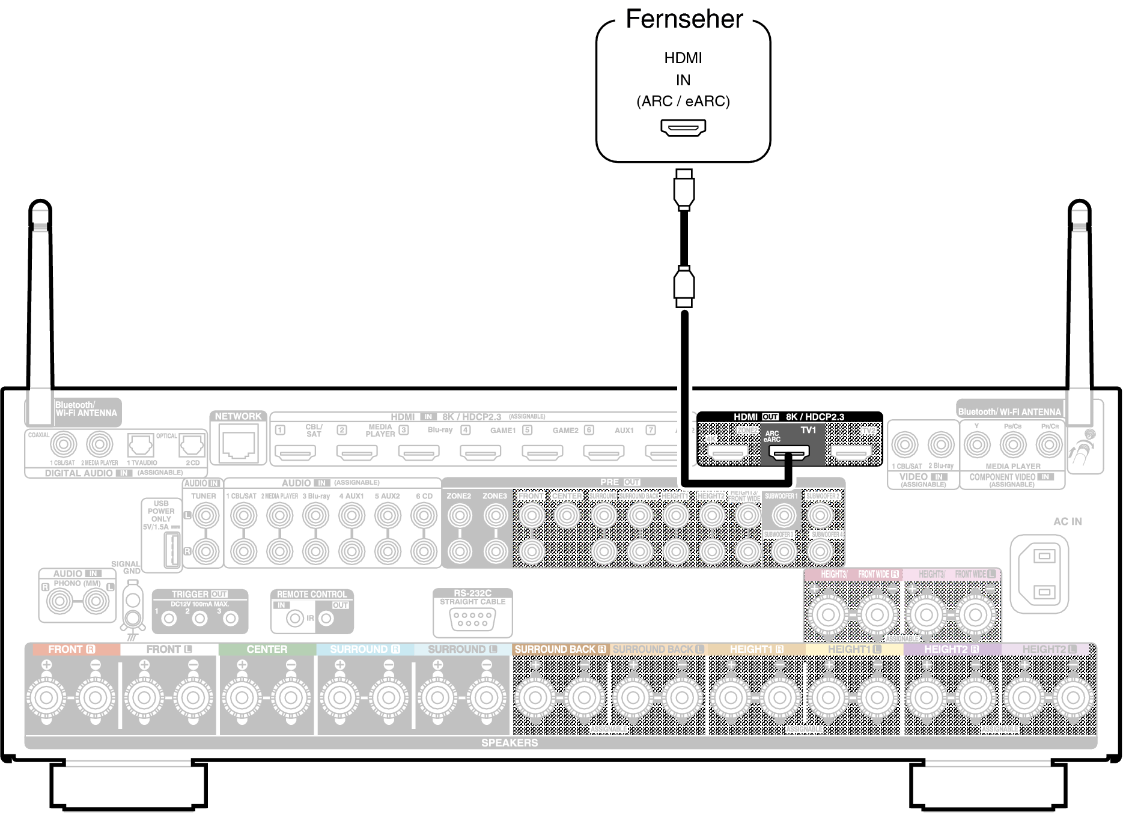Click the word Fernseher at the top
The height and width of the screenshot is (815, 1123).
(x=684, y=19)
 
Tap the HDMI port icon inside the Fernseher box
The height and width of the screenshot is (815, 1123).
(x=683, y=127)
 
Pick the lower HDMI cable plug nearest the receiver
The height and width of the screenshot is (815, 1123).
(x=684, y=287)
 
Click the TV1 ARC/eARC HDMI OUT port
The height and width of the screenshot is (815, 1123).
(x=789, y=452)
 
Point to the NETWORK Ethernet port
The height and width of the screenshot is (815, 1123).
(x=239, y=444)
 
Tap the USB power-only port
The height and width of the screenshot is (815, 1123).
(x=172, y=550)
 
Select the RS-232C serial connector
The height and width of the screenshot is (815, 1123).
(x=472, y=619)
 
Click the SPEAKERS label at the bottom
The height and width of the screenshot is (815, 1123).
(x=510, y=743)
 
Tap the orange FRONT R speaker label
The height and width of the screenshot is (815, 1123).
(x=72, y=649)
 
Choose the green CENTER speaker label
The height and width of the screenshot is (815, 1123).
(x=267, y=649)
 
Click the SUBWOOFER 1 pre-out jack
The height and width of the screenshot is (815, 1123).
(x=784, y=515)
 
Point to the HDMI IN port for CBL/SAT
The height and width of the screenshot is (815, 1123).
(x=294, y=452)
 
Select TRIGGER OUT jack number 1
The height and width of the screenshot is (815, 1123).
(x=169, y=618)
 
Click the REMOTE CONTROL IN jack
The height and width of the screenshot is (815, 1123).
(x=294, y=618)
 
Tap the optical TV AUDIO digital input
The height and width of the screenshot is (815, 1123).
(x=141, y=446)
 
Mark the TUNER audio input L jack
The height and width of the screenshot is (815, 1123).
(x=205, y=515)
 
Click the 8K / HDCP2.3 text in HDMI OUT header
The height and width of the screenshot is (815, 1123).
(x=815, y=417)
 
